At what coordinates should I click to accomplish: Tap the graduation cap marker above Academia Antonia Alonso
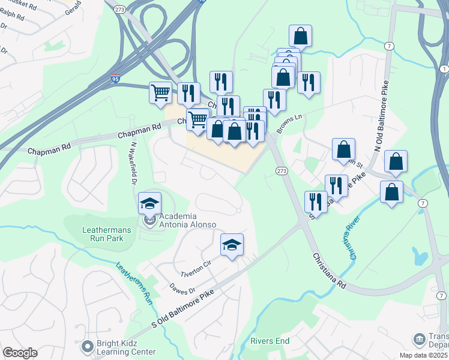coord(149,205)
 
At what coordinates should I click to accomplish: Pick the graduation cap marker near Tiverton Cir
coord(232,245)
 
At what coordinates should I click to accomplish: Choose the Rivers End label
coord(270,341)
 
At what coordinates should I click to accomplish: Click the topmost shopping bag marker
coord(300,37)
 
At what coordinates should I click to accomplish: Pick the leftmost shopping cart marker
coord(160,94)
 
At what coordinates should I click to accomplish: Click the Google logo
coord(20,352)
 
